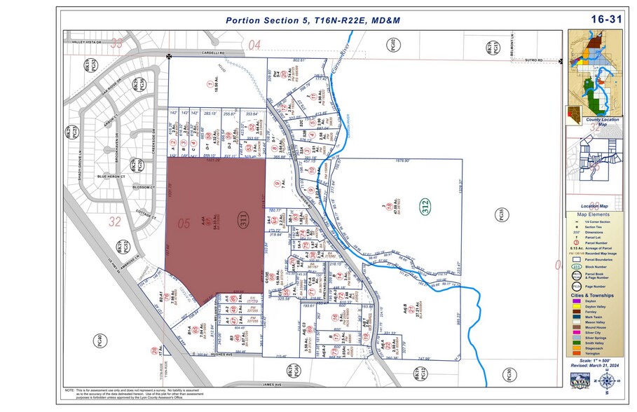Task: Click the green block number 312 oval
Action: pyautogui.click(x=426, y=207)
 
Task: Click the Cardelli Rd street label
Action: pyautogui.click(x=210, y=53)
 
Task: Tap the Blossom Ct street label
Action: pyautogui.click(x=142, y=188)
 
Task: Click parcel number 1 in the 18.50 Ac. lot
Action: pyautogui.click(x=209, y=85)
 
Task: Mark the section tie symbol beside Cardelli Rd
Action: pyautogui.click(x=168, y=55)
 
